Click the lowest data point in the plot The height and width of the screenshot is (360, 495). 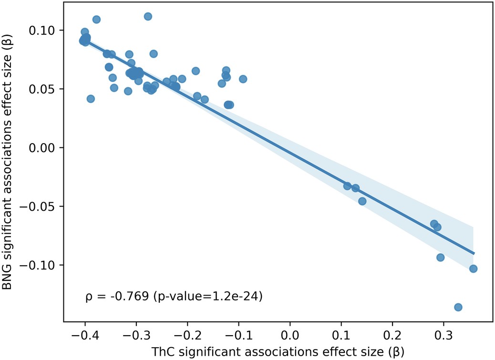(458, 307)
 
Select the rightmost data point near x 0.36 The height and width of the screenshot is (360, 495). (473, 268)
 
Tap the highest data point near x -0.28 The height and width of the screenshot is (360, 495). (148, 16)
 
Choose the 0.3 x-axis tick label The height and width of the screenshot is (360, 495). (443, 332)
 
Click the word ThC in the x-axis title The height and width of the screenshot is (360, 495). (161, 351)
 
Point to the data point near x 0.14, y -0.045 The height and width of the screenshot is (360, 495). (362, 201)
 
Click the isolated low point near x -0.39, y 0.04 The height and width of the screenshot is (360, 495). (91, 99)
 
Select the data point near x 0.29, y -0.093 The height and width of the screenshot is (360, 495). (440, 257)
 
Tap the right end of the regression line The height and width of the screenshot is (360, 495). (474, 254)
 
